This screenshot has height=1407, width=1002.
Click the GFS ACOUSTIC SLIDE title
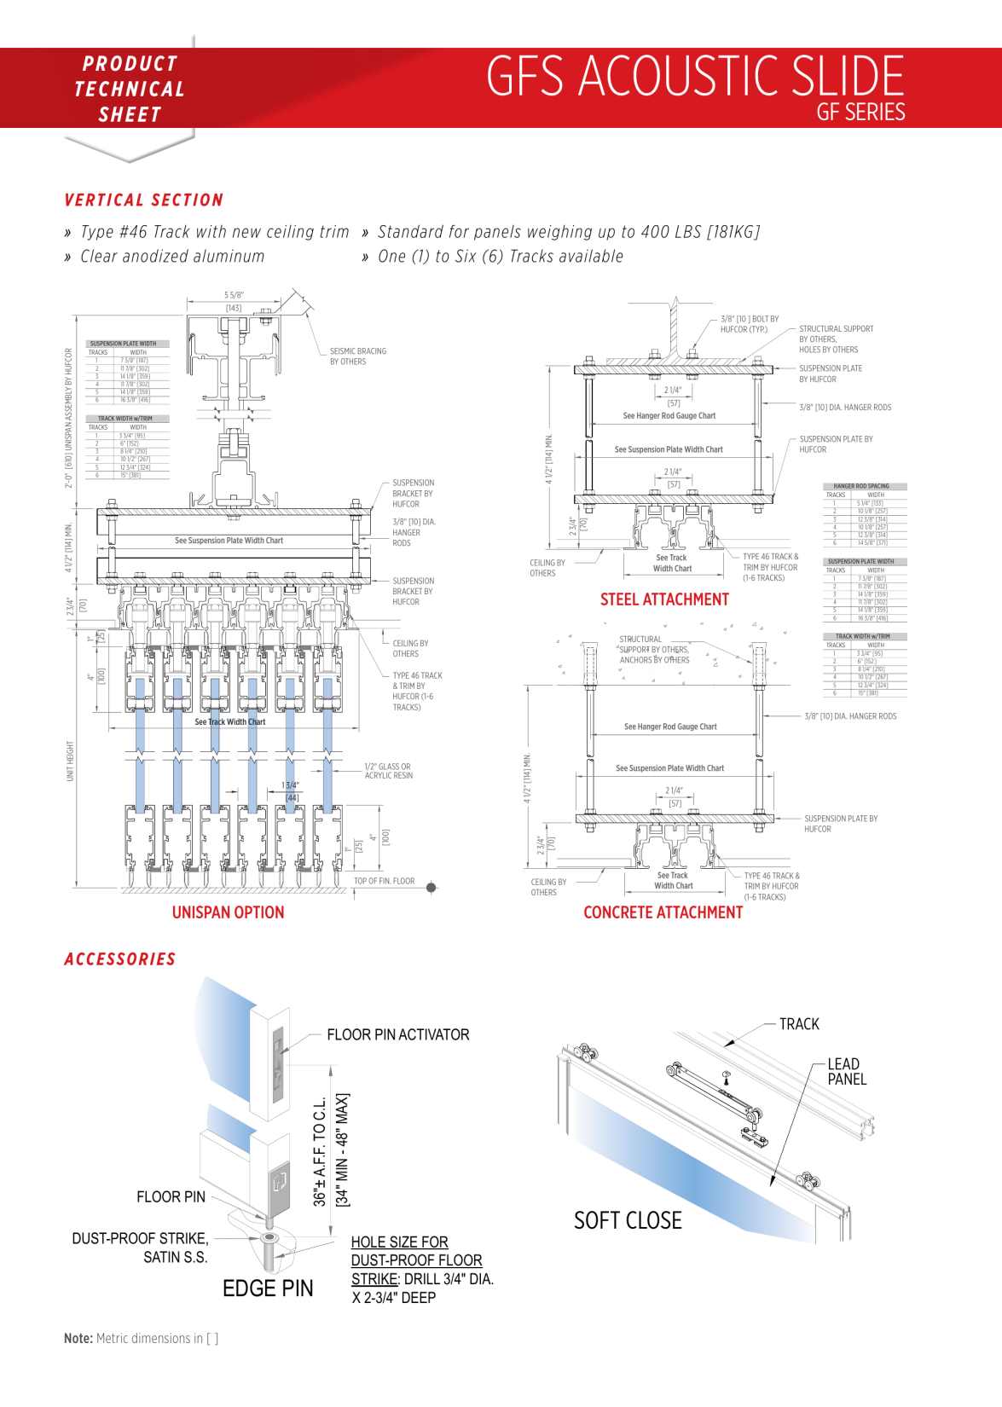pos(694,77)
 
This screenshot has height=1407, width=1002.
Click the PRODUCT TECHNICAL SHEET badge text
pos(130,89)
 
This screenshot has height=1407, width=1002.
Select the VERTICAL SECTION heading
pos(144,200)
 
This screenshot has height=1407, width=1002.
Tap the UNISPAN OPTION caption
pos(228,912)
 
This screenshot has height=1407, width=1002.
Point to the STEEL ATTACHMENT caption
pos(664,599)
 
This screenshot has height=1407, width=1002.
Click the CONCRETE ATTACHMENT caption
pos(663,912)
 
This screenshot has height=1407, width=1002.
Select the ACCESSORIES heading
pos(120,959)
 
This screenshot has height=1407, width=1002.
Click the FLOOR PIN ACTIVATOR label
pos(398,1034)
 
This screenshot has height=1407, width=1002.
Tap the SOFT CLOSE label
pos(628,1220)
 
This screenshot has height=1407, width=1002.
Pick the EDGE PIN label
pos(268,1288)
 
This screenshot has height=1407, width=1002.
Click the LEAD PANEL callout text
pos(846,1072)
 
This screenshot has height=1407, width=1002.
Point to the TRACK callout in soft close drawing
pos(799,1024)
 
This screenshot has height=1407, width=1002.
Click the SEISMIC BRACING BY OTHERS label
pos(358,356)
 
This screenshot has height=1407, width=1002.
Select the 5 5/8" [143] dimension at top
pos(234,301)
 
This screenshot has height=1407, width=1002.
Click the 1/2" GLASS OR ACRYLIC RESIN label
pos(388,771)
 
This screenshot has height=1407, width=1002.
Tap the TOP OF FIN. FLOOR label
pos(384,881)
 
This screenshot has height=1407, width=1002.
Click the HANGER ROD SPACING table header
pos(861,486)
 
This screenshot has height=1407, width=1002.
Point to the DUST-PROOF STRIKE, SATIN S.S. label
pos(140,1248)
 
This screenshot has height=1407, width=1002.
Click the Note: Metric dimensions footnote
pos(141,1338)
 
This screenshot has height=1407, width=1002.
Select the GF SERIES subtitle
pos(860,112)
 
